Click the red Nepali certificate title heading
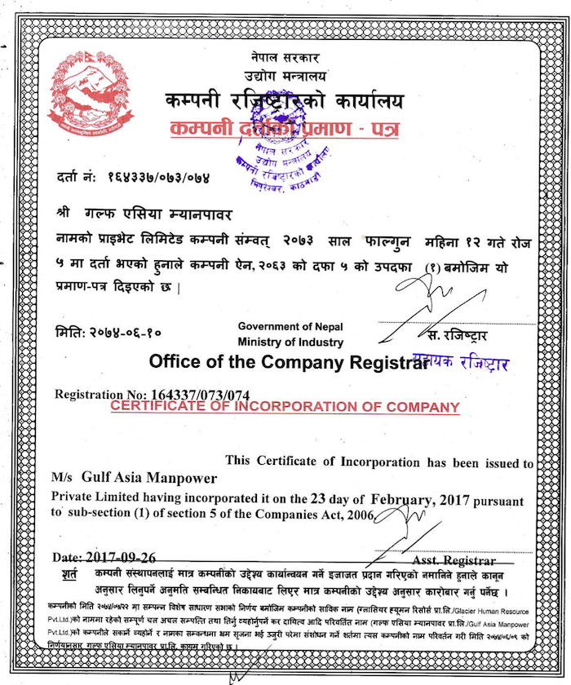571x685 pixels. (x=283, y=129)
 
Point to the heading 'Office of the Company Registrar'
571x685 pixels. (x=288, y=361)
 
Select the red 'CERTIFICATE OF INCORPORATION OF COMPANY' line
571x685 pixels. (x=285, y=406)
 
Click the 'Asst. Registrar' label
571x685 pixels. (x=454, y=561)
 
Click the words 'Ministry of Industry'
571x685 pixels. (x=290, y=342)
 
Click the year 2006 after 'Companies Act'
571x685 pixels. (x=356, y=515)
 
